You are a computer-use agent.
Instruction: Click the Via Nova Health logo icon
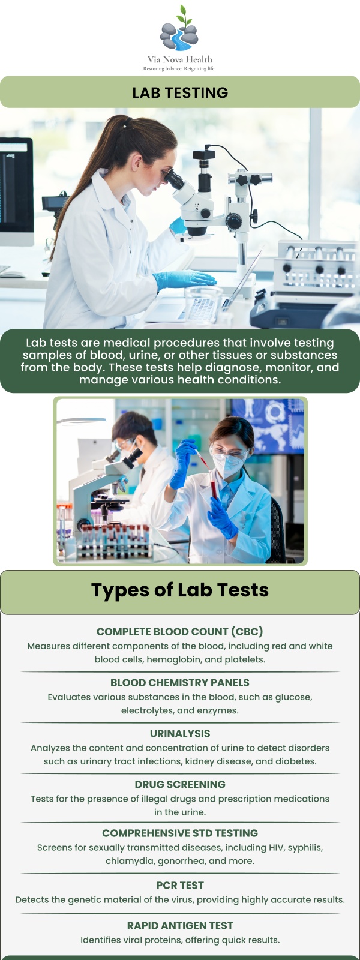179,30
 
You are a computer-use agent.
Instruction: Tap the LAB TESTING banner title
180,92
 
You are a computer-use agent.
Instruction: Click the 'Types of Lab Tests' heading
180,590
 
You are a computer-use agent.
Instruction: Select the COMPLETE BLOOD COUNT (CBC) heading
180,631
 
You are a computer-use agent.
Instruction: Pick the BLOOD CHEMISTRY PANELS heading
180,682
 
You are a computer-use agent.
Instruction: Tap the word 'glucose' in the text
293,697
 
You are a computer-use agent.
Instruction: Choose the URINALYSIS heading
180,733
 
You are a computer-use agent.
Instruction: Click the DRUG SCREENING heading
180,784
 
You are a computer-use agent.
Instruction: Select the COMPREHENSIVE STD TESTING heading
180,833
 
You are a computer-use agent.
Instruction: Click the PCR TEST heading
180,885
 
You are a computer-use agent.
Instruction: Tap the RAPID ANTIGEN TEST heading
180,925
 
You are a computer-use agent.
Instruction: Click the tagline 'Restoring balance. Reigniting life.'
179,69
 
